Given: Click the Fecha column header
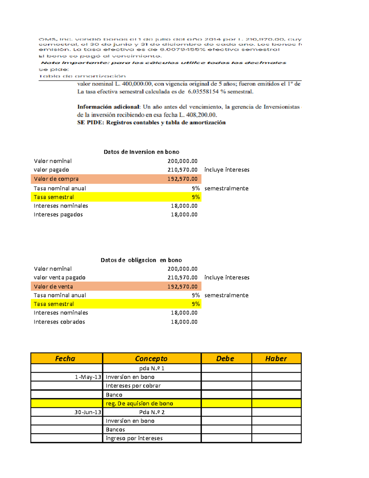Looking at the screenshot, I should (x=65, y=359).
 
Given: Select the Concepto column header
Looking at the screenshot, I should (x=151, y=359).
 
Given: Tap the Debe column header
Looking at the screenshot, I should (x=225, y=359).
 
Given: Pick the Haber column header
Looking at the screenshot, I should (x=276, y=359).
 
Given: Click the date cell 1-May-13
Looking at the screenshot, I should (x=88, y=377).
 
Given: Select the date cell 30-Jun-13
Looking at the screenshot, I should (x=88, y=412).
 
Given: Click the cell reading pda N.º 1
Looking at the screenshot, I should (x=152, y=368).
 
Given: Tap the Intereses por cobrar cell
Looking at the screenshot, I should (x=133, y=386).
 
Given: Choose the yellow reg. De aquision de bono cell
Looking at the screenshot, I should (x=139, y=404).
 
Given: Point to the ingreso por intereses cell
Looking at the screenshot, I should (x=134, y=438).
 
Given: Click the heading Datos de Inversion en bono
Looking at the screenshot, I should (x=141, y=152).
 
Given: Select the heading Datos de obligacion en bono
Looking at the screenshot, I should (x=141, y=260).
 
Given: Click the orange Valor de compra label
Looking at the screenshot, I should (x=56, y=179).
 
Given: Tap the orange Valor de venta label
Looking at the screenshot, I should (x=54, y=287).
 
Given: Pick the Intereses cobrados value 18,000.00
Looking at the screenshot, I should (x=184, y=322).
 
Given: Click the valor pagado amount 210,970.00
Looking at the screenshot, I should (x=182, y=170).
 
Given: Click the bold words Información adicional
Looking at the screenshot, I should (x=108, y=107).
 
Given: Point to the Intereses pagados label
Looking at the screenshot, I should (x=58, y=215).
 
